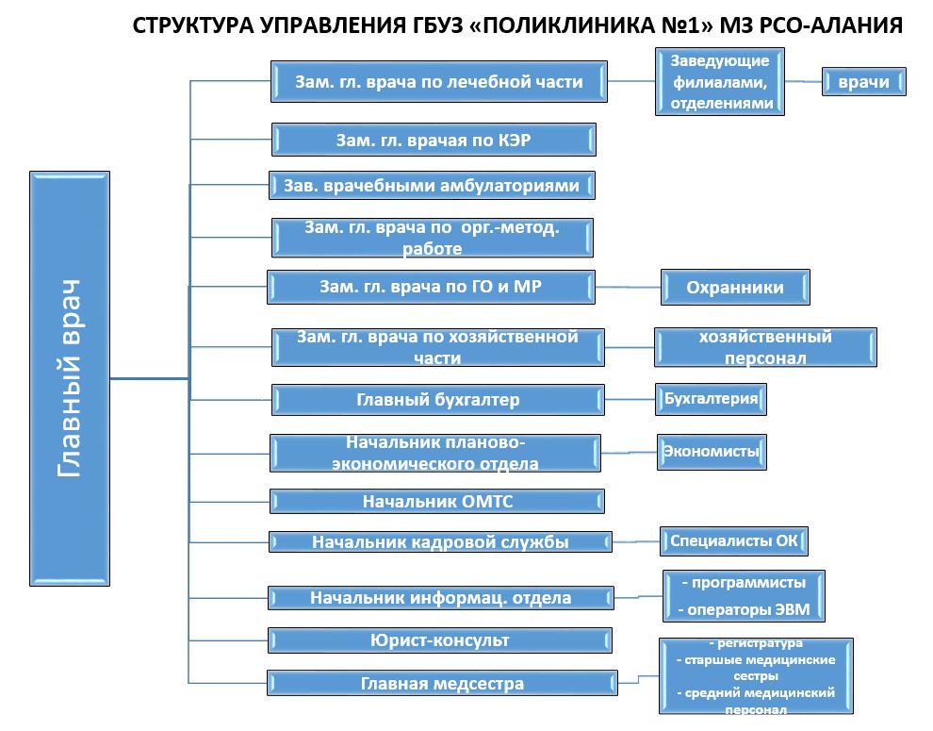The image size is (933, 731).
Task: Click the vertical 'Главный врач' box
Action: click(x=70, y=379)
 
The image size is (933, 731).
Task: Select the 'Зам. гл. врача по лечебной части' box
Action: click(x=439, y=82)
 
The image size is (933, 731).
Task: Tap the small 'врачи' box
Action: click(x=864, y=82)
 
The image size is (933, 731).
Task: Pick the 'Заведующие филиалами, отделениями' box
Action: click(x=720, y=82)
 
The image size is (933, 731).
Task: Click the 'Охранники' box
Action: click(x=735, y=287)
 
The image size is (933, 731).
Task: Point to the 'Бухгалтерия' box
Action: click(x=711, y=399)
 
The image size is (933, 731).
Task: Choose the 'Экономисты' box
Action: click(x=712, y=452)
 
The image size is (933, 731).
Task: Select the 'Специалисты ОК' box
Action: click(x=733, y=541)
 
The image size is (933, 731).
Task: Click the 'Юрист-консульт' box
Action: click(x=440, y=640)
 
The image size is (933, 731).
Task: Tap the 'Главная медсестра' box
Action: click(x=442, y=683)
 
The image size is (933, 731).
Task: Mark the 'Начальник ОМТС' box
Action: click(x=437, y=502)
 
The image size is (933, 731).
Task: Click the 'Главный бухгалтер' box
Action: click(x=438, y=400)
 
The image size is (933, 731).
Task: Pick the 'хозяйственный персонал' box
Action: click(x=765, y=347)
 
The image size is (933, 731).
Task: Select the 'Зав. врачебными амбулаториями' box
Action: click(x=432, y=185)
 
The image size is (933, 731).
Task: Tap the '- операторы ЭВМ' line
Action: click(x=745, y=610)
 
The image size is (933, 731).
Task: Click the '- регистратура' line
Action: click(x=756, y=643)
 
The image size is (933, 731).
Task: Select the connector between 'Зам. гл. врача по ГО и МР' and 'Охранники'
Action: click(x=628, y=287)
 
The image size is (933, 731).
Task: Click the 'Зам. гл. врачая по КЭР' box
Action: click(x=434, y=140)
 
